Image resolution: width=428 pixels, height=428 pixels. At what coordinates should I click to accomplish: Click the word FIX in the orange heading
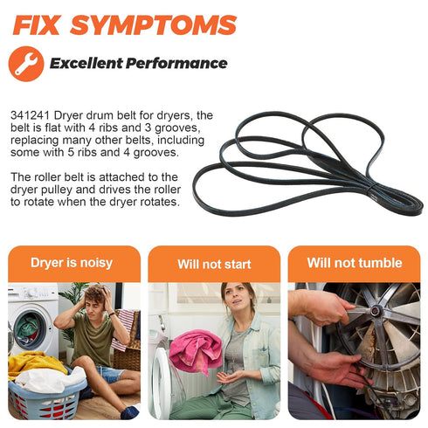click(38, 25)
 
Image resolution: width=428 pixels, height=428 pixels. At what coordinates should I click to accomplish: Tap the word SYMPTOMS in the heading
click(154, 25)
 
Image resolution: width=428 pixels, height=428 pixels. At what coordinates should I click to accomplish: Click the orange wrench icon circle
click(26, 64)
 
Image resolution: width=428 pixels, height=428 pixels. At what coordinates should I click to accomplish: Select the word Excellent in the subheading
click(86, 63)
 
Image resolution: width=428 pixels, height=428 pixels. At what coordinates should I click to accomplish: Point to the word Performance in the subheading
click(176, 63)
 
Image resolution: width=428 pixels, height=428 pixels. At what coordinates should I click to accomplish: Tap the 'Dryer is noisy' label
click(72, 263)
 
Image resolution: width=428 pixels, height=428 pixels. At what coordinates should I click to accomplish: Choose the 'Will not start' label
click(214, 265)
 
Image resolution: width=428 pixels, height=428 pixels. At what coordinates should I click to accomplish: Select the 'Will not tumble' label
click(355, 263)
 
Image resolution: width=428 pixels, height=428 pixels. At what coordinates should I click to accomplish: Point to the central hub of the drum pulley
click(376, 310)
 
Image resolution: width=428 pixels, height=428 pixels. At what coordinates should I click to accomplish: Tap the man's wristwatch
click(112, 314)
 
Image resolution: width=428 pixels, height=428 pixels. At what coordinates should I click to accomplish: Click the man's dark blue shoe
click(129, 412)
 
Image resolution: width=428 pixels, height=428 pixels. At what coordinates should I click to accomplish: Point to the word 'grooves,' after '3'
click(177, 128)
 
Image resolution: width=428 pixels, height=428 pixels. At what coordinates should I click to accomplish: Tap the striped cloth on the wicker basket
click(125, 329)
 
